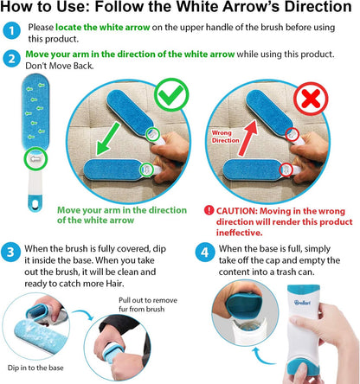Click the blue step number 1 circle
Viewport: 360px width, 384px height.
(11, 30)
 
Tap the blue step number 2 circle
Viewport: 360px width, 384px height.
(11, 59)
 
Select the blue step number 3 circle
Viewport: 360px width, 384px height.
(10, 253)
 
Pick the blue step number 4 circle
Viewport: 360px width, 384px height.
(204, 253)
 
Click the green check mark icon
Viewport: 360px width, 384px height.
(171, 94)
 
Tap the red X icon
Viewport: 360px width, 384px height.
(311, 99)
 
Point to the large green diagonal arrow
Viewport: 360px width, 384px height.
(108, 138)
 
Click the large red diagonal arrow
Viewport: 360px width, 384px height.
(247, 138)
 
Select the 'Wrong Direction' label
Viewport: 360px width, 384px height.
(225, 137)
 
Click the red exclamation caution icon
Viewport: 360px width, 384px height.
(209, 210)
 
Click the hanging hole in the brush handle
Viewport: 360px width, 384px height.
(35, 204)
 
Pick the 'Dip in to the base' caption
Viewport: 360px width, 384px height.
(35, 368)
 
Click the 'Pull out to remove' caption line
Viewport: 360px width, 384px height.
(148, 300)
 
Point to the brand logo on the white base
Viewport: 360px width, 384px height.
(302, 303)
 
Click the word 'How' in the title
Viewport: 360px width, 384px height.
(17, 6)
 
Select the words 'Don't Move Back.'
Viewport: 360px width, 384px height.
(60, 66)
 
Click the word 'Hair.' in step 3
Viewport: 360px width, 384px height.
(115, 284)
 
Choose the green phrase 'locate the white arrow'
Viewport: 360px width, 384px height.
(103, 28)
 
